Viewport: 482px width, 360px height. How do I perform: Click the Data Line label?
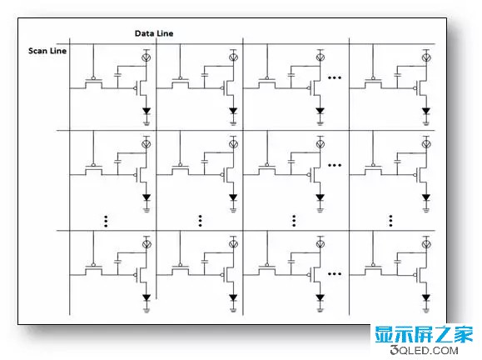[154, 33]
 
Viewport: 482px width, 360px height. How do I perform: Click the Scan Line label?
[47, 51]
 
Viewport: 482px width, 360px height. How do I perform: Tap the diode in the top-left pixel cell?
[147, 111]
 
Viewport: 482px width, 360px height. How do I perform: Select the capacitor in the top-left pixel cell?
[117, 75]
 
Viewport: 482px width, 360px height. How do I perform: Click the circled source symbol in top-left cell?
[146, 57]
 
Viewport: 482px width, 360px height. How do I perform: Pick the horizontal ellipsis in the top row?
[335, 77]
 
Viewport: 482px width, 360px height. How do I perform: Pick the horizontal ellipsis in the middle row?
[335, 165]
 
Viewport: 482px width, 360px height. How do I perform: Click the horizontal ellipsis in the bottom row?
[335, 273]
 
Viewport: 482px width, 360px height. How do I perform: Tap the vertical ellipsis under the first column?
[106, 221]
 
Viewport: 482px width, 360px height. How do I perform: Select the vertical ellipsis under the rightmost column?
[390, 221]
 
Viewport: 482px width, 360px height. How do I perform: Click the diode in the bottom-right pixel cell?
[425, 297]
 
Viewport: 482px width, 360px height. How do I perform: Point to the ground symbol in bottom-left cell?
[147, 310]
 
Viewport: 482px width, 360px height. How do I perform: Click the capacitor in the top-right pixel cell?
[397, 75]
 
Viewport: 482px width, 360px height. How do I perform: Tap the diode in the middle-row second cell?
[233, 197]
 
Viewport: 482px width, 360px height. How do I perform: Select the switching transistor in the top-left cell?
[93, 82]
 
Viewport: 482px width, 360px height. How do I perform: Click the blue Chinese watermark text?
[424, 335]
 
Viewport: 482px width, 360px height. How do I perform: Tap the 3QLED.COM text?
[425, 350]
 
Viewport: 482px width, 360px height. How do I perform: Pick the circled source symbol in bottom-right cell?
[426, 244]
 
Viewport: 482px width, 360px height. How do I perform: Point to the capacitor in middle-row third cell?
[291, 161]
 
